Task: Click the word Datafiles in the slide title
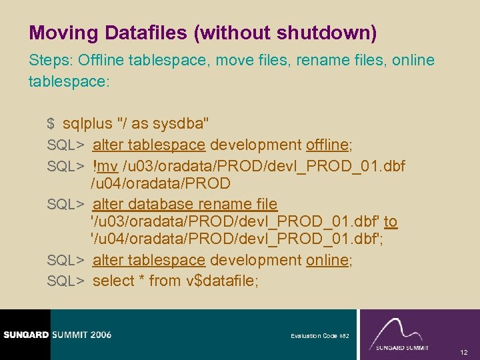coord(143,32)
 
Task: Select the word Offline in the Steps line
coord(100,61)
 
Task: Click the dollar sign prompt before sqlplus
coord(51,123)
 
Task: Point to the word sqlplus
coord(87,123)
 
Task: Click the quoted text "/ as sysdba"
coord(163,123)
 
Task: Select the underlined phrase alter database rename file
coord(185,204)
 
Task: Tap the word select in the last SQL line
coord(113,281)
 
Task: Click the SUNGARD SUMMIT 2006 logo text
coord(56,335)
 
